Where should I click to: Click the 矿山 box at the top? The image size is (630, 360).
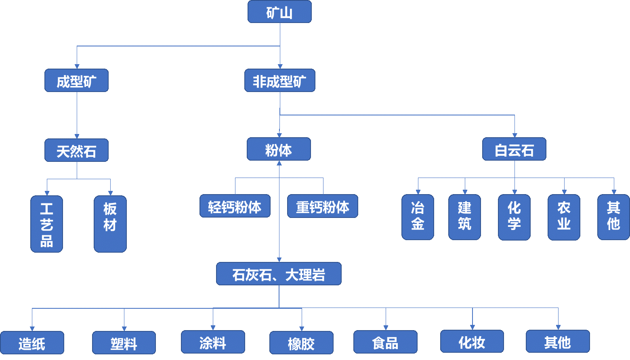coord(279,12)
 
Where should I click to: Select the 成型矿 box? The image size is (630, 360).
coord(76,81)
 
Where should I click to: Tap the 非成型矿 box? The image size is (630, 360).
coord(279,81)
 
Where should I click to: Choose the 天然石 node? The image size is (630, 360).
coord(76,151)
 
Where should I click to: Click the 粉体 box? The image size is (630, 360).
coord(279,149)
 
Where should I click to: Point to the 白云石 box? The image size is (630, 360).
coord(514,149)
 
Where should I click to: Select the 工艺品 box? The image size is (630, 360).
coord(47,224)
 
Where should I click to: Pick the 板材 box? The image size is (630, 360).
coord(110,224)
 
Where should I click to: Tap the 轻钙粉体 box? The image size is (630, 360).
coord(235,206)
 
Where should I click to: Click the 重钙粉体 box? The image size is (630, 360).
coord(322,206)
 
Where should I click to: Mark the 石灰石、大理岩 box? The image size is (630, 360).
coord(279,274)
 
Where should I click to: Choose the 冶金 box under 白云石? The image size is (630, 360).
coord(418,217)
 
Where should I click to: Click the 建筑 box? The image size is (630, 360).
coord(464,217)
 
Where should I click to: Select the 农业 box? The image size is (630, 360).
coord(564,217)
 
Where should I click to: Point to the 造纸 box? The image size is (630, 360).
coord(32,343)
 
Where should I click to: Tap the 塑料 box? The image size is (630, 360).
coord(124,343)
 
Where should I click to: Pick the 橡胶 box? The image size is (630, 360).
coord(301,343)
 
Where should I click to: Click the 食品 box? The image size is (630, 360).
coord(385,342)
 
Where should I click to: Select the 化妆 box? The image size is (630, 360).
coord(472,341)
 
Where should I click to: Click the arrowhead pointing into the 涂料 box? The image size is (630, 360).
coord(213,328)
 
